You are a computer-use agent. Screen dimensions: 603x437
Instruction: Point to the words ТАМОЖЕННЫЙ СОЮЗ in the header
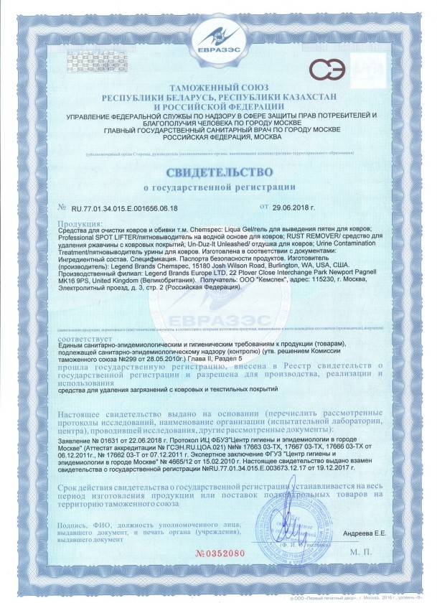218,86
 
